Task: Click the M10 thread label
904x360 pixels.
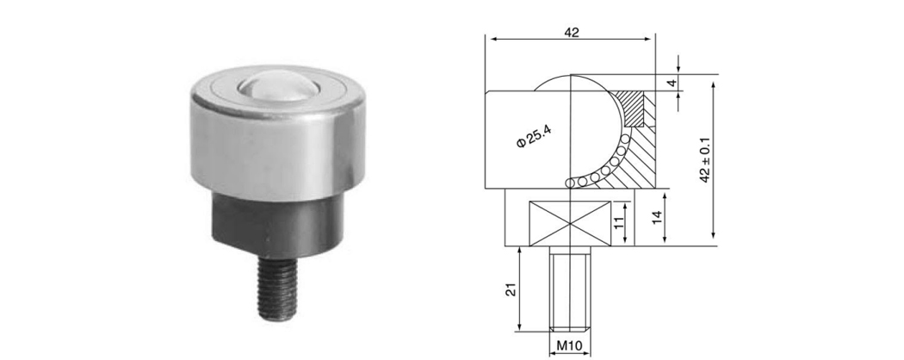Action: (570, 346)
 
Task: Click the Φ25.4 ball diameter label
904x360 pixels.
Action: (534, 136)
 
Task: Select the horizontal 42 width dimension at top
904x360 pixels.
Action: (571, 33)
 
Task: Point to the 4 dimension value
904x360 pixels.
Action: (670, 83)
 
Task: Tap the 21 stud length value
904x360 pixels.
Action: (511, 289)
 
